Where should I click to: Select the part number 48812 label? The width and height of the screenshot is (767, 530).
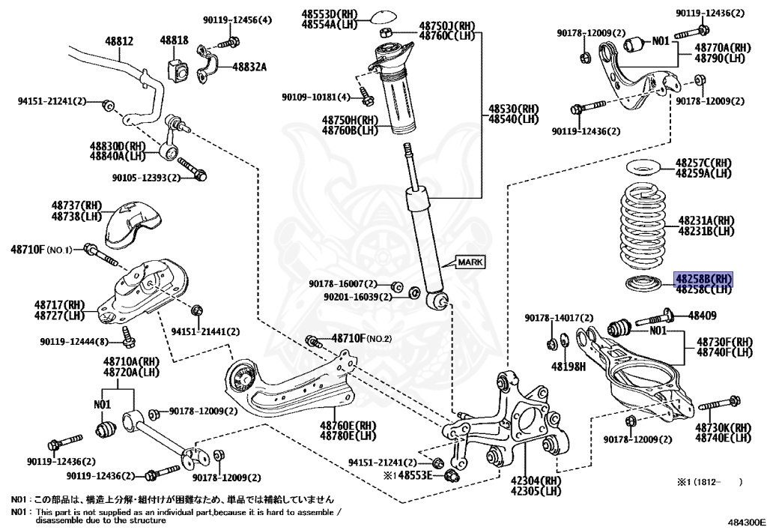coord(118,41)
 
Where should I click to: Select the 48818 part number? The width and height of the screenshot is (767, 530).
coord(177,39)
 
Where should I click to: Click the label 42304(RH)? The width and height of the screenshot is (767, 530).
coord(535,481)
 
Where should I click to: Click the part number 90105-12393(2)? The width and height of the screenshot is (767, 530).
coord(147,178)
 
